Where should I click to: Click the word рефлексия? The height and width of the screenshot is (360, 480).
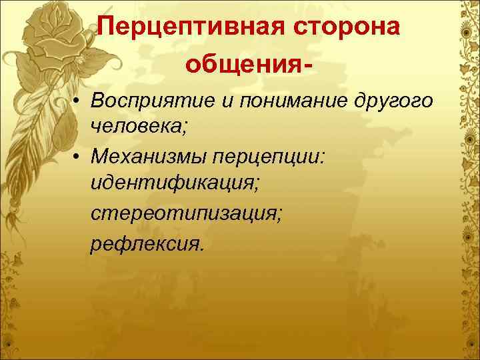pos(145,241)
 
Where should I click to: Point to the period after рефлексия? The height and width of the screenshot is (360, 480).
pos(199,247)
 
